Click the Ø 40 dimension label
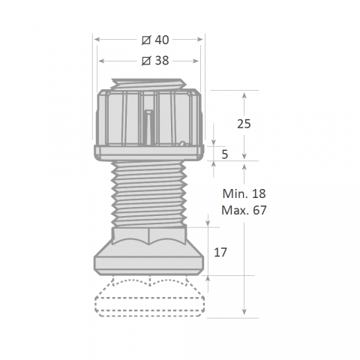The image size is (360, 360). tap(155, 40)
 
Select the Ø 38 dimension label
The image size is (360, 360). tap(155, 61)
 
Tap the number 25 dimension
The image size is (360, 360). tap(244, 124)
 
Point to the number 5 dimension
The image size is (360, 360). tap(225, 154)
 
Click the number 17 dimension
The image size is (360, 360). tap(220, 253)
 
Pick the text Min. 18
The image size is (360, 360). tap(244, 193)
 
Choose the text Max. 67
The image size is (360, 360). tap(244, 210)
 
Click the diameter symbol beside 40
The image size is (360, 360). tap(146, 40)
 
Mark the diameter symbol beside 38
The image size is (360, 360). tap(146, 61)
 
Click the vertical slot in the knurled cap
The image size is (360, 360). tap(148, 127)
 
